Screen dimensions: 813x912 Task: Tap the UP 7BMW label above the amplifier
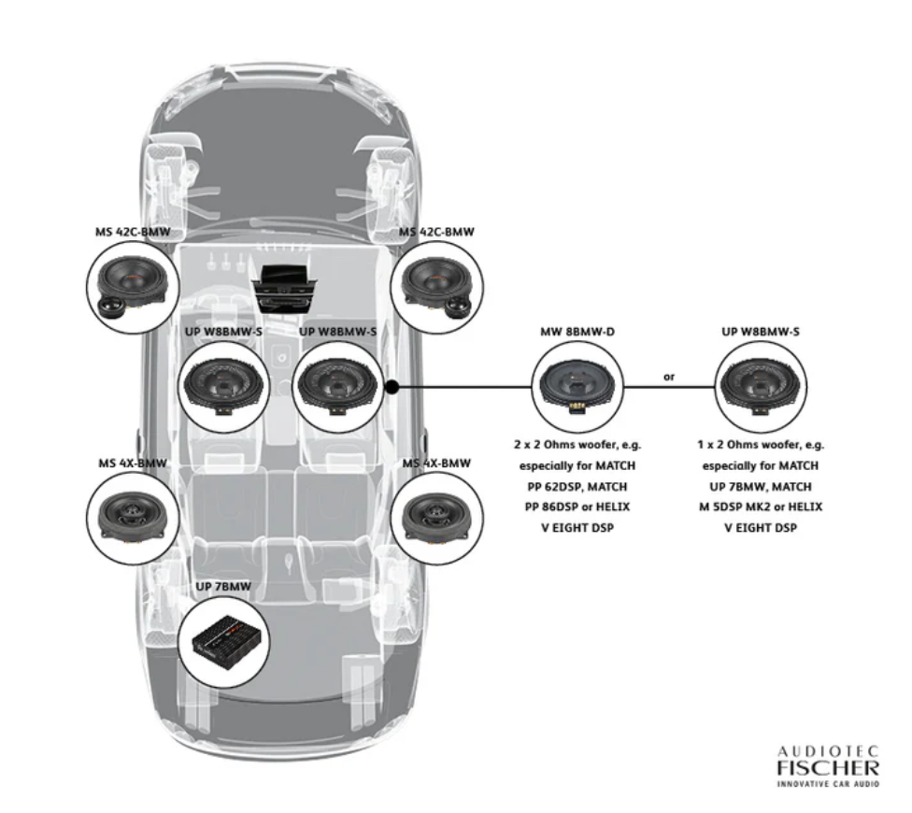coord(223,587)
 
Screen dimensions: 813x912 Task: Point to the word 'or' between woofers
coord(668,378)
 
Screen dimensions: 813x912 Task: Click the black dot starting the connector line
coord(392,385)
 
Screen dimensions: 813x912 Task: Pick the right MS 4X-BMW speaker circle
coord(437,517)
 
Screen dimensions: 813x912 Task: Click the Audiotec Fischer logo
coord(828,765)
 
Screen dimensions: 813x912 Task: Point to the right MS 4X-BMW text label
coord(436,464)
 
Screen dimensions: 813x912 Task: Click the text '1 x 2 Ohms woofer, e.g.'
coord(761,444)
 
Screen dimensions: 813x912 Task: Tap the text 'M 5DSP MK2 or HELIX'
coord(761,507)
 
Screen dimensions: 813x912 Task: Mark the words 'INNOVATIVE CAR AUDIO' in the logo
coord(828,784)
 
